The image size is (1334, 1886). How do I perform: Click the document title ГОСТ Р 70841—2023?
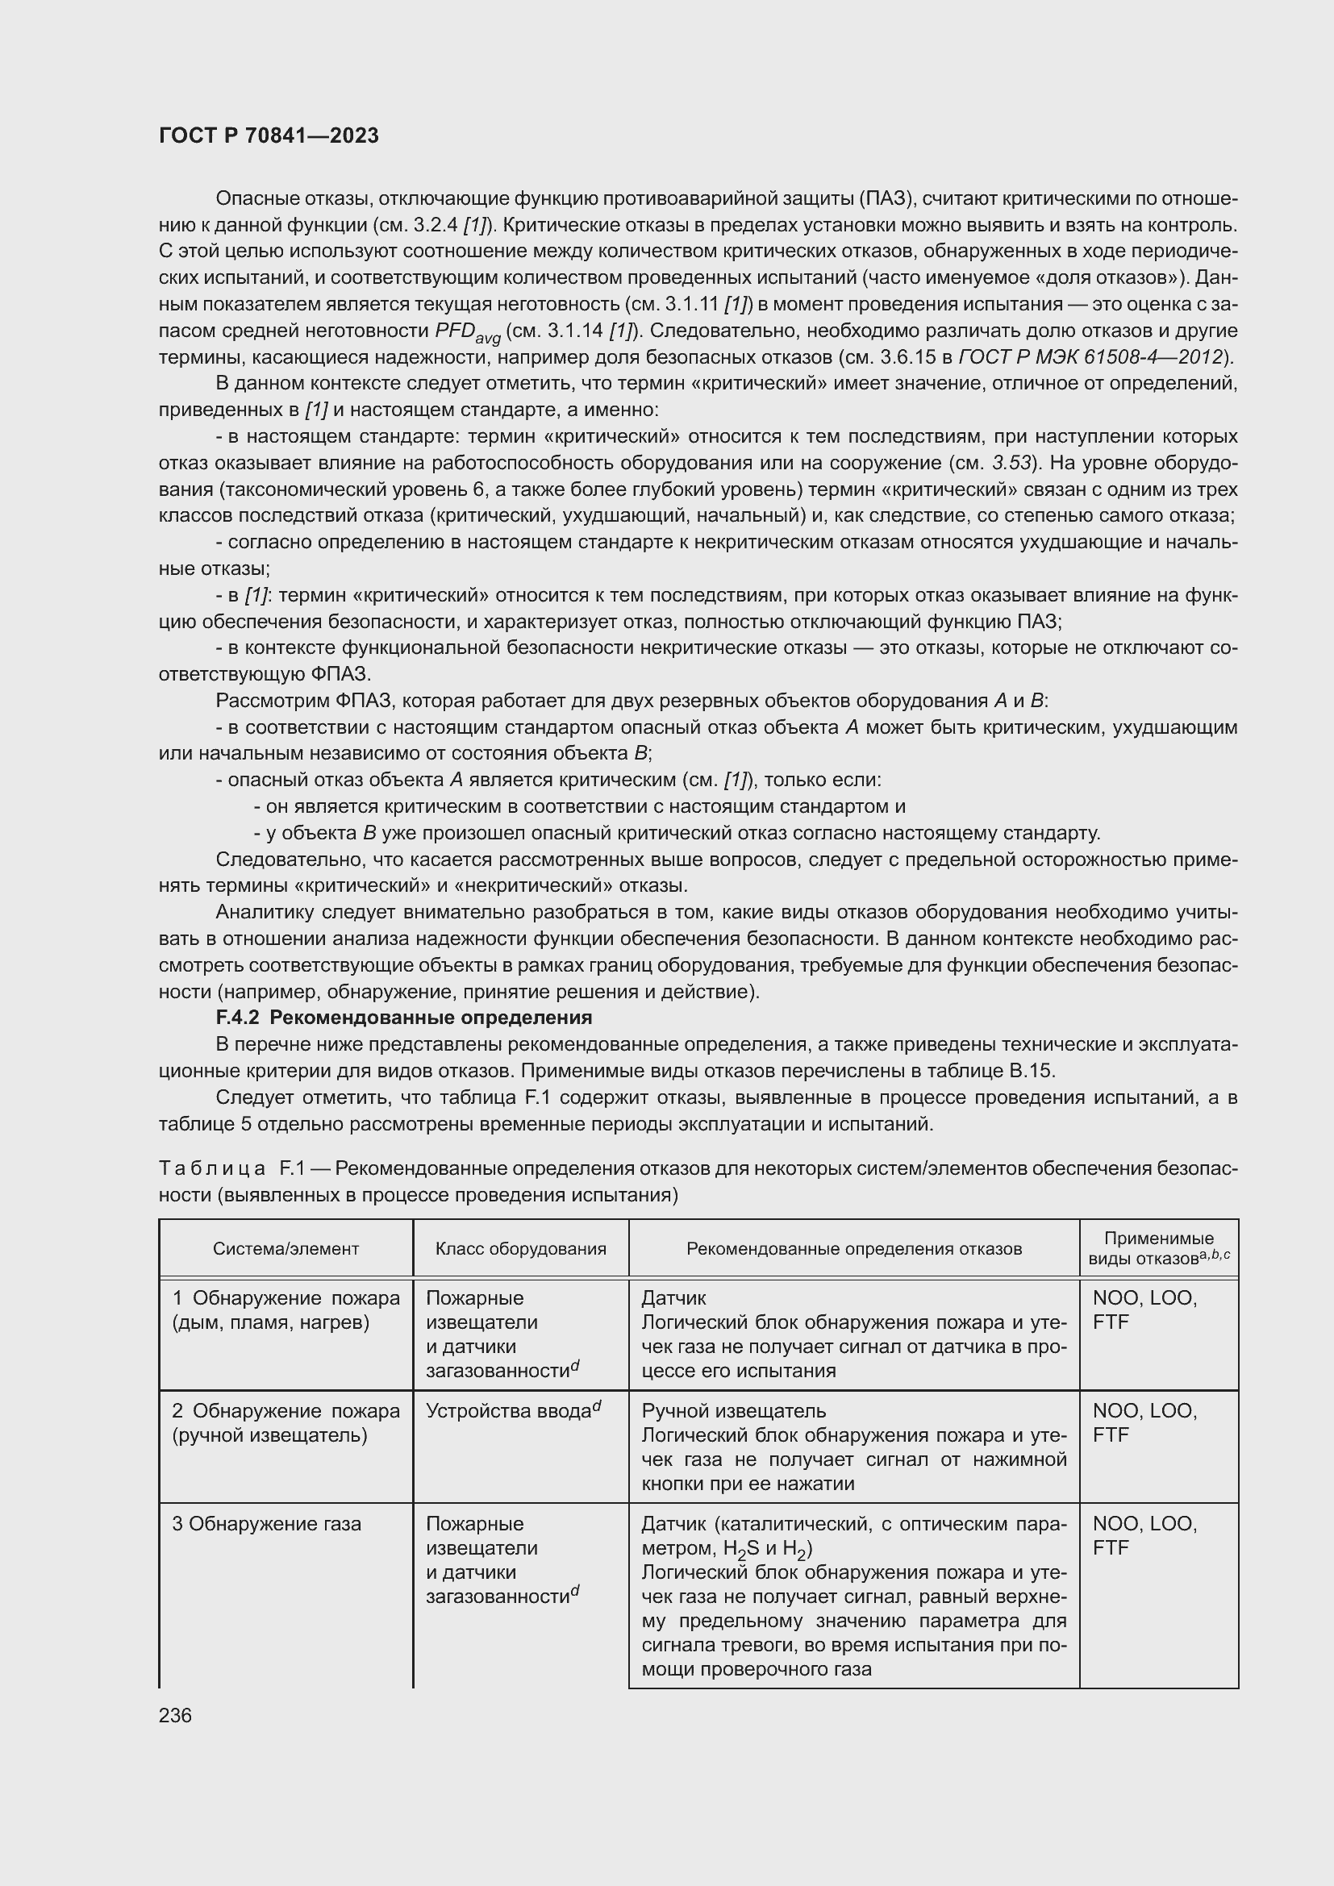click(269, 135)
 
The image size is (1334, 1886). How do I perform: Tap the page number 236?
click(175, 1715)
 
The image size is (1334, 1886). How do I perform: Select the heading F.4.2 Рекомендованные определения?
click(403, 1018)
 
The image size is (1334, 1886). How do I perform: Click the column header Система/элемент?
click(286, 1248)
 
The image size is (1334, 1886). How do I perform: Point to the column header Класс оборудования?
click(521, 1248)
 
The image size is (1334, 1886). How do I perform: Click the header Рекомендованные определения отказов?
click(853, 1248)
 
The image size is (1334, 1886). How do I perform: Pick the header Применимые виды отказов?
click(1158, 1248)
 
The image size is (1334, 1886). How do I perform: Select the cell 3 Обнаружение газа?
click(267, 1524)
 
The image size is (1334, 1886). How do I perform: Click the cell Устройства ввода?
click(514, 1411)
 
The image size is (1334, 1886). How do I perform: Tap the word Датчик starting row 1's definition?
click(673, 1299)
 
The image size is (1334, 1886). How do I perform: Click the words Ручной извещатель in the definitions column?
click(733, 1411)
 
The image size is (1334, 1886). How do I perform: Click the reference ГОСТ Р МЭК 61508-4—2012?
click(1091, 357)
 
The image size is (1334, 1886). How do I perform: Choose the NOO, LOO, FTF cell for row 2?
click(1144, 1422)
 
